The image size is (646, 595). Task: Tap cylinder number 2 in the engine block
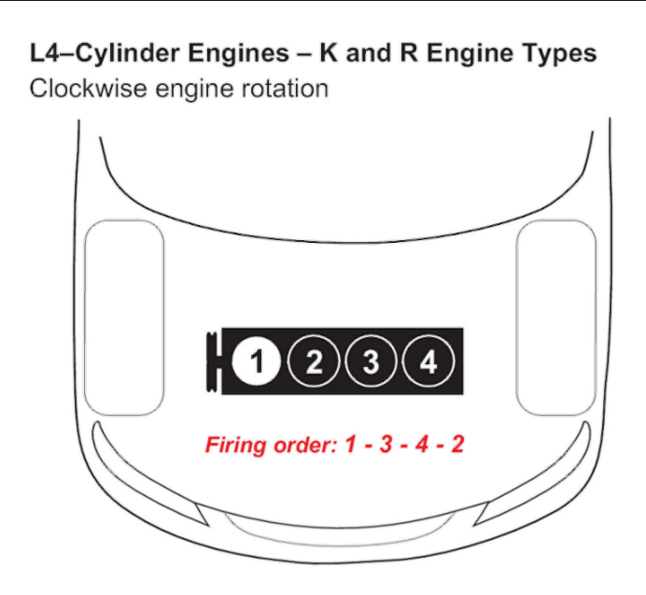[x=315, y=361]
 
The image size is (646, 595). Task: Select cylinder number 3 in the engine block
[x=372, y=361]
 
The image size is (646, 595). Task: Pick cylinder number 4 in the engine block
[x=428, y=361]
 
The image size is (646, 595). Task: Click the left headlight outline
[x=124, y=318]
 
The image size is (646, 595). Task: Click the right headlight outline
[x=555, y=318]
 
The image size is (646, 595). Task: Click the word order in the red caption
[x=302, y=445]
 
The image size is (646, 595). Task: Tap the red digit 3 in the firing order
[x=385, y=444]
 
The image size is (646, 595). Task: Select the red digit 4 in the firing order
[x=421, y=444]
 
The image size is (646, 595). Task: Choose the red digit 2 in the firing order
[x=456, y=444]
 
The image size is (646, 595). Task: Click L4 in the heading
[x=45, y=53]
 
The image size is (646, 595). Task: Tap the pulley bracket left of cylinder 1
[x=214, y=361]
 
